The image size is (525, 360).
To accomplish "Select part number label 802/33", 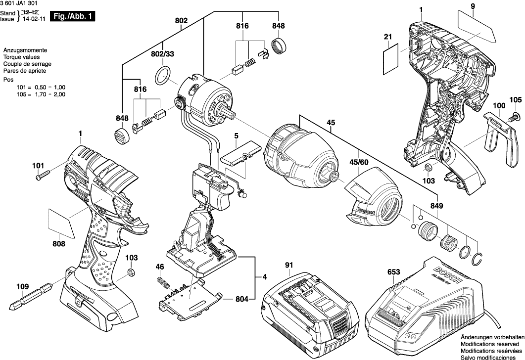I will click(162, 53).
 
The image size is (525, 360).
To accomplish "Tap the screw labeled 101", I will click(43, 175).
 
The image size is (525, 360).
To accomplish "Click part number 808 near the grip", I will click(59, 243).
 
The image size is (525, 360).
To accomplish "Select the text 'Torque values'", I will click(19, 57).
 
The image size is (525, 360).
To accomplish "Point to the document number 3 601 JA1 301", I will click(22, 4).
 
